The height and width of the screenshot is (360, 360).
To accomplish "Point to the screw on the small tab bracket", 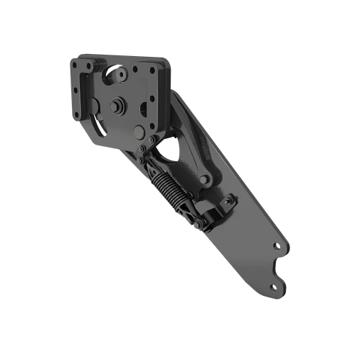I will coord(229,202).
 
